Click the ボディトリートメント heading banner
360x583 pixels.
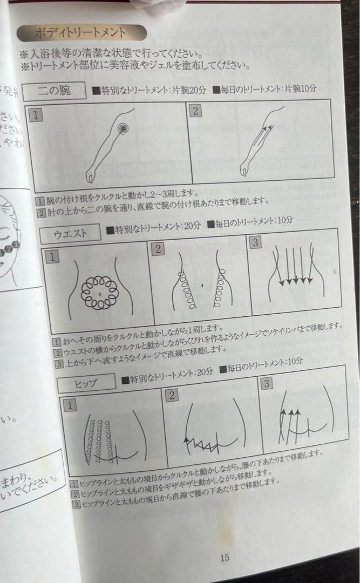tap(81, 33)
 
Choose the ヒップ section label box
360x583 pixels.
tap(86, 383)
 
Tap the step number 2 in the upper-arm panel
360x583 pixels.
tap(195, 111)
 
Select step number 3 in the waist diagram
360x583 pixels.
tap(255, 242)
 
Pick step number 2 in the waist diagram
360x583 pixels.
tap(158, 249)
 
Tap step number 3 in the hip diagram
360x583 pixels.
tap(267, 384)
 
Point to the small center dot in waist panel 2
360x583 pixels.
tap(201, 284)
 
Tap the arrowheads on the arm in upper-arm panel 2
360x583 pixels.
tap(268, 128)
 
